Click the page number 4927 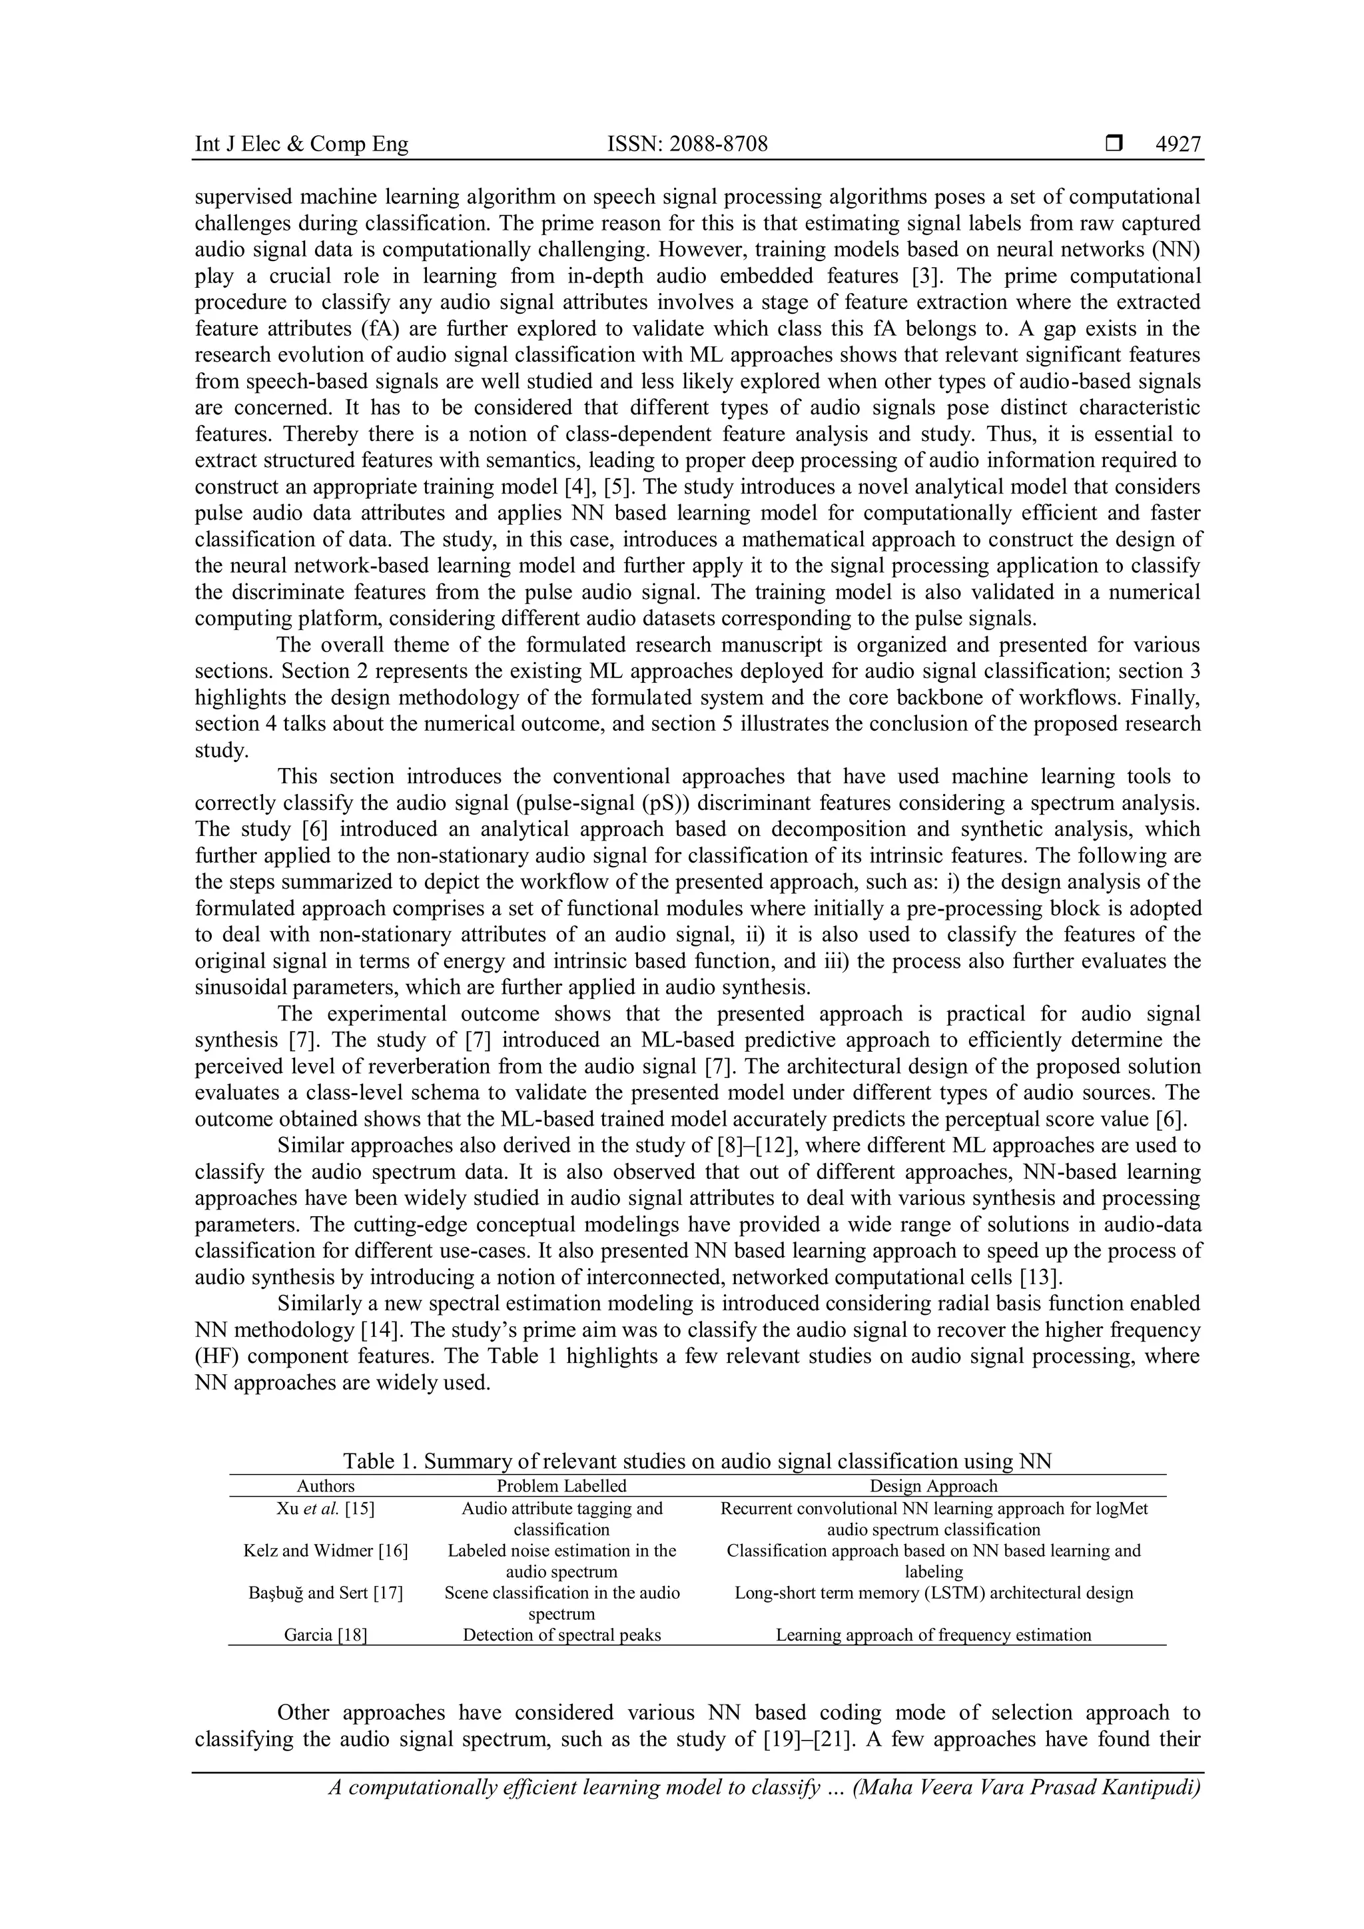1178,145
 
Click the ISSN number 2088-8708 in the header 687,145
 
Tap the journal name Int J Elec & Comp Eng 302,145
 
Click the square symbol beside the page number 1114,145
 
